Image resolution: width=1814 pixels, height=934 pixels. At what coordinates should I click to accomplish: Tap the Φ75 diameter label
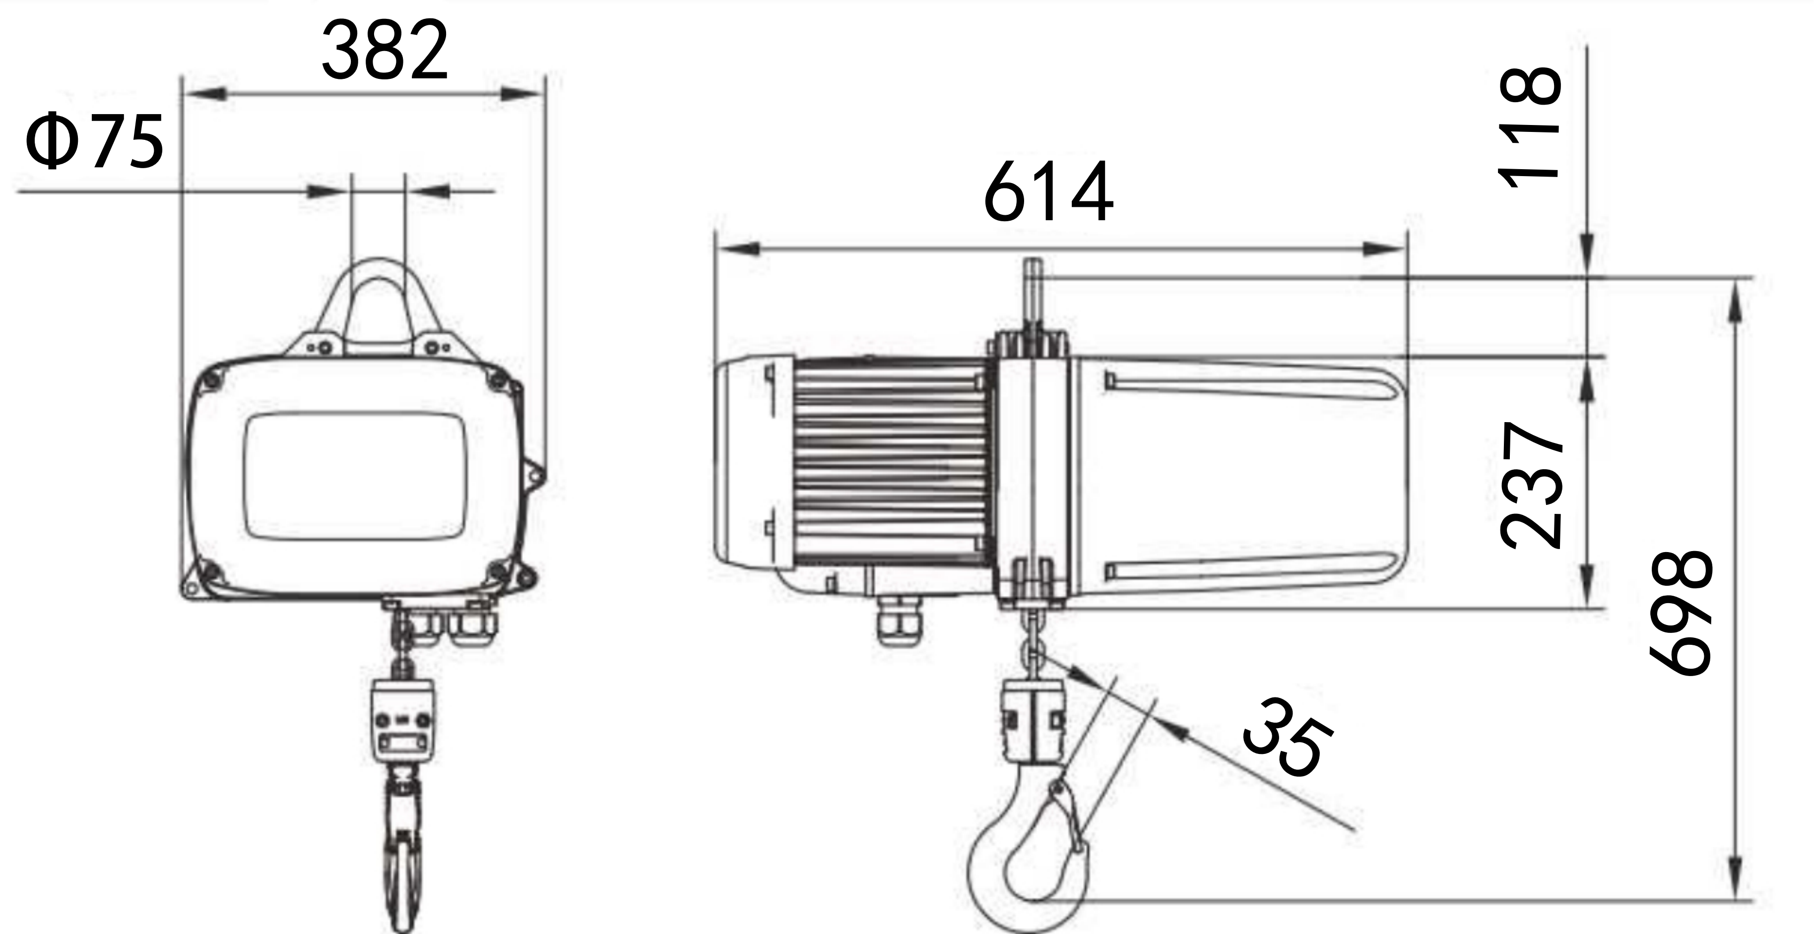click(94, 141)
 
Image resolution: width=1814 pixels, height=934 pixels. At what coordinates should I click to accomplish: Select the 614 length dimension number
click(1048, 191)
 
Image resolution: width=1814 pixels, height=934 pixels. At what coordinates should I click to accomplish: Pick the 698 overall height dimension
click(1682, 613)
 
